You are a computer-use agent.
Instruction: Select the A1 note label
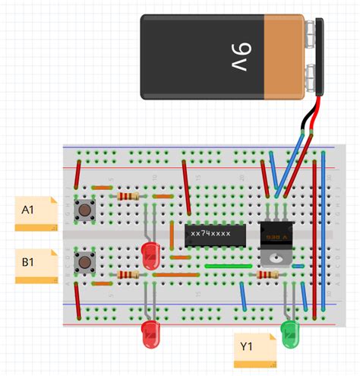tap(36, 212)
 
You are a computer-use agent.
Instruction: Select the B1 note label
tap(36, 264)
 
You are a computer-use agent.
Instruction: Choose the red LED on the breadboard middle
tap(150, 252)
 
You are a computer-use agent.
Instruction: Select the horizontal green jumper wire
tap(228, 267)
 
